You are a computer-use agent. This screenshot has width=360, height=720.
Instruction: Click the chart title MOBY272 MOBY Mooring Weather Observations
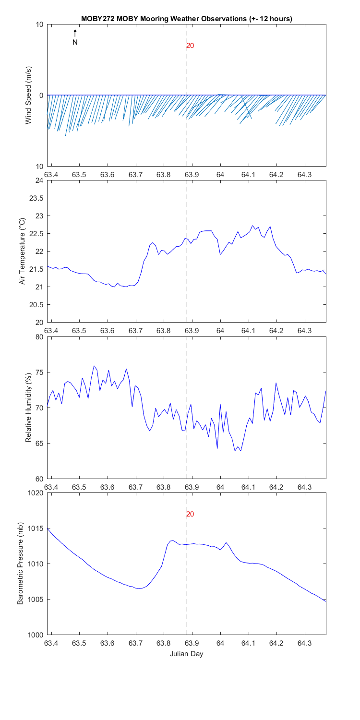187,18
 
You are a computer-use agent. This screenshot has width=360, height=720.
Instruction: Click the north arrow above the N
75,33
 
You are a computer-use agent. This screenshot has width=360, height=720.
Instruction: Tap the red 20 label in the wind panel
190,46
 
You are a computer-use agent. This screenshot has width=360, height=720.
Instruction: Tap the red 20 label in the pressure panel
190,514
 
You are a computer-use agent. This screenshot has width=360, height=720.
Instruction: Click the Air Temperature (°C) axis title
22,251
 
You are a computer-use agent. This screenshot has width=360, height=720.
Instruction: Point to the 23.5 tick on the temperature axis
37,198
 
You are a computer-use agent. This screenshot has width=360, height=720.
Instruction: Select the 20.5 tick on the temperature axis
37,305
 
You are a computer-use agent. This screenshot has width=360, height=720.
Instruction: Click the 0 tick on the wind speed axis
41,96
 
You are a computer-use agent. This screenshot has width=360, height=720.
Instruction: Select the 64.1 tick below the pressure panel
248,642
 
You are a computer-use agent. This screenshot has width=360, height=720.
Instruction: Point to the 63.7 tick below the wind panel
135,174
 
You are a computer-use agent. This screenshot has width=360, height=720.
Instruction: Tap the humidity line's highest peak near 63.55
94,366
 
